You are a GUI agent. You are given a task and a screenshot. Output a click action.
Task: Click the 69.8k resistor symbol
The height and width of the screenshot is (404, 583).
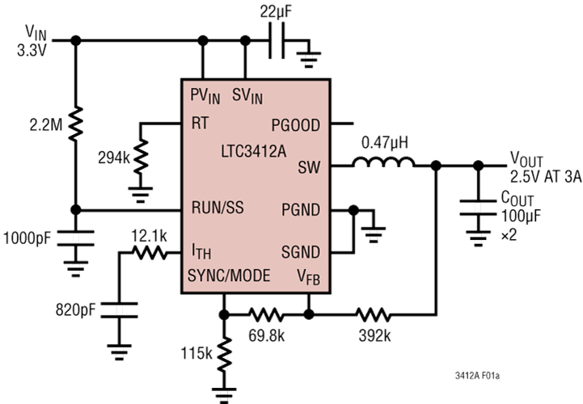point(266,312)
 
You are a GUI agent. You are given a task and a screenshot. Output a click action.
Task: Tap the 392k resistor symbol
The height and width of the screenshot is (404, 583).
point(374,312)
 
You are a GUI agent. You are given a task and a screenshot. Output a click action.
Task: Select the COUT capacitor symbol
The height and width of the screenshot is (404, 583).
point(478,208)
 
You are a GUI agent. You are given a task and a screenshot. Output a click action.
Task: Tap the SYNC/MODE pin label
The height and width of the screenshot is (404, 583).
point(229,276)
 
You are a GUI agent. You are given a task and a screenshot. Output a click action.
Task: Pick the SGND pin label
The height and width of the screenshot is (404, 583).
point(301,251)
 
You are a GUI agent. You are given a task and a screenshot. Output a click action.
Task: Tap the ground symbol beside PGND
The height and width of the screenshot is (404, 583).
point(374,234)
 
